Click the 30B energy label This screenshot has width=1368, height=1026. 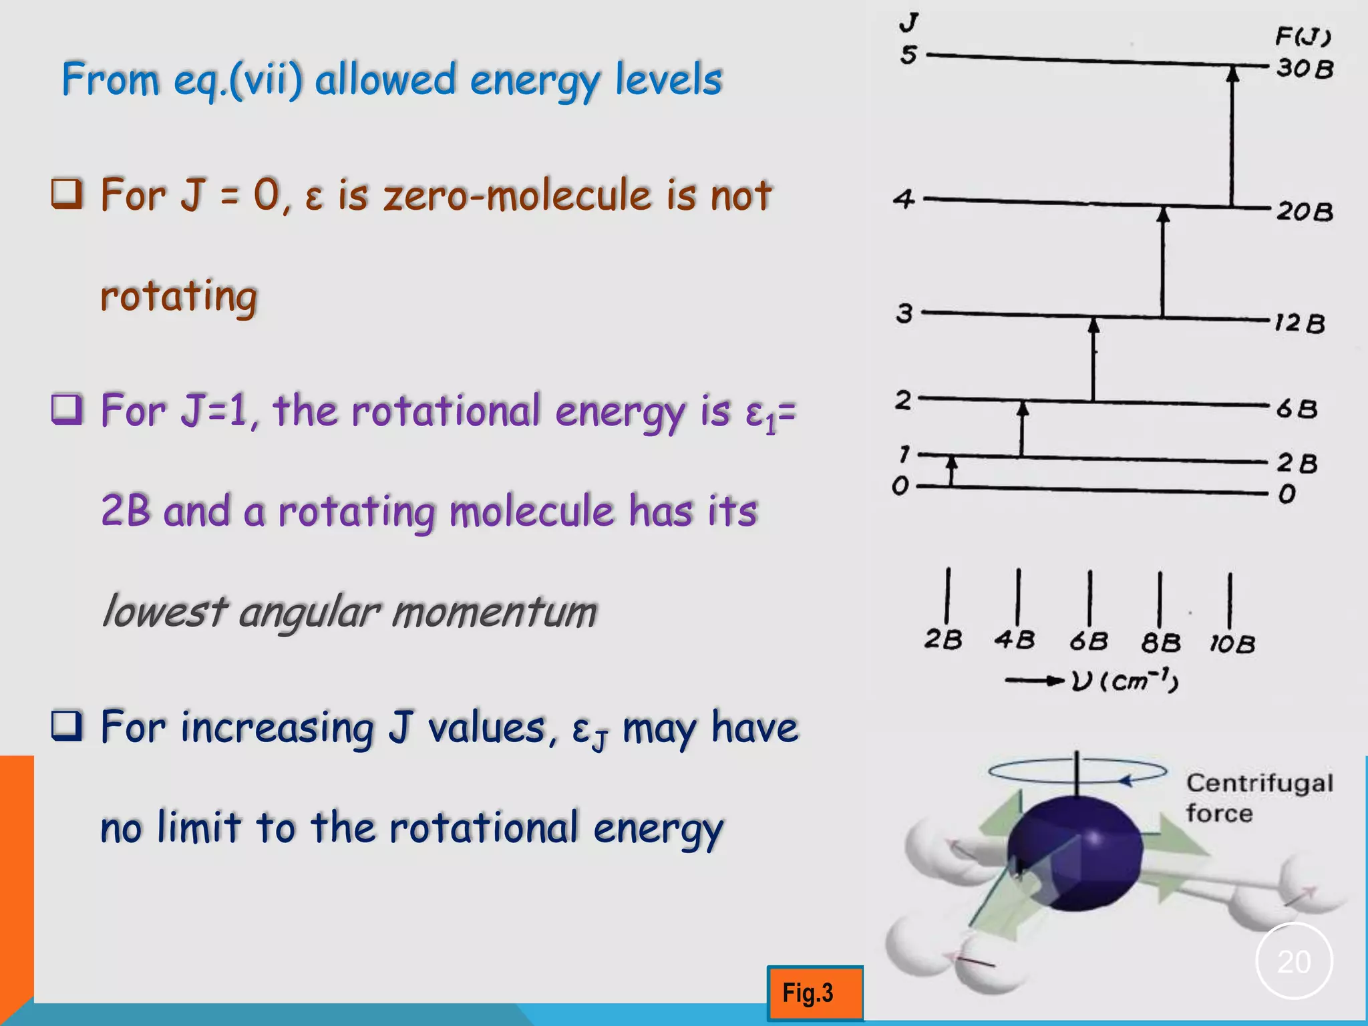1305,69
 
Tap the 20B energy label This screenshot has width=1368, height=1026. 1305,212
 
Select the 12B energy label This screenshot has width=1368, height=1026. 1299,323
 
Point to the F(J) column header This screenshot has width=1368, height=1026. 1303,35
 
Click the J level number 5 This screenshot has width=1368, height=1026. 908,55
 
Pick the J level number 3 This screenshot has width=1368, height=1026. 904,313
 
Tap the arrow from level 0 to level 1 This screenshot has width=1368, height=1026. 952,470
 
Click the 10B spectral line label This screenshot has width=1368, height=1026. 1232,644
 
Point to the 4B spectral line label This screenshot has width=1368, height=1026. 1015,640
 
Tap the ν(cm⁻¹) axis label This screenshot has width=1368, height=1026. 1125,681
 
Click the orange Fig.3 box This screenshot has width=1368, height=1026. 814,993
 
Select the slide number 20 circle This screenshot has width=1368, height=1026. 1294,961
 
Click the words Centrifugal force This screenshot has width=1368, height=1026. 1258,798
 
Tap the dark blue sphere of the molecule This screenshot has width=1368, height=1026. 1075,852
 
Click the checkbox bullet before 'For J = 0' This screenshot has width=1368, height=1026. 67,194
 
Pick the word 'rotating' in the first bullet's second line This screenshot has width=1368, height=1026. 178,296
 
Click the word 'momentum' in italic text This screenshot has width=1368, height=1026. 494,612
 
